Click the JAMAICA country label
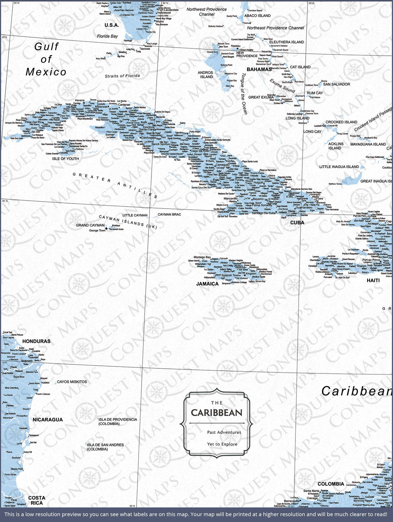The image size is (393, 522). [207, 284]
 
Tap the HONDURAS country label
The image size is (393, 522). [36, 341]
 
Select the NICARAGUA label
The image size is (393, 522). [48, 420]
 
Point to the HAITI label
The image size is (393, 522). [373, 280]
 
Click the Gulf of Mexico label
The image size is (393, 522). [46, 59]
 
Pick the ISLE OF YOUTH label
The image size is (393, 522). [65, 159]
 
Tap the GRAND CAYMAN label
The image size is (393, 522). [90, 225]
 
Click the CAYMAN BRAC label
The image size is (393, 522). [169, 214]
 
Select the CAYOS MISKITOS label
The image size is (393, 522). [72, 382]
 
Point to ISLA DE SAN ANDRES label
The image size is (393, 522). [105, 447]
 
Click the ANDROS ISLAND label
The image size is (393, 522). [206, 75]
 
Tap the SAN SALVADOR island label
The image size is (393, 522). [337, 84]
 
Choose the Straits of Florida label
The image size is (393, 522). [122, 76]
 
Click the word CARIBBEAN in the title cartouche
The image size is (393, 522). [217, 413]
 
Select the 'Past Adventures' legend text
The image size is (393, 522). [224, 432]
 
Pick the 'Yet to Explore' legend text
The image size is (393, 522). [222, 444]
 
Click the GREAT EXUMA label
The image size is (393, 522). [261, 97]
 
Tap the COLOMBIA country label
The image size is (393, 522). [331, 484]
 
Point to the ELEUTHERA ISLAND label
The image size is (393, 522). [286, 42]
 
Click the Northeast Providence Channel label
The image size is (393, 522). [275, 28]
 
